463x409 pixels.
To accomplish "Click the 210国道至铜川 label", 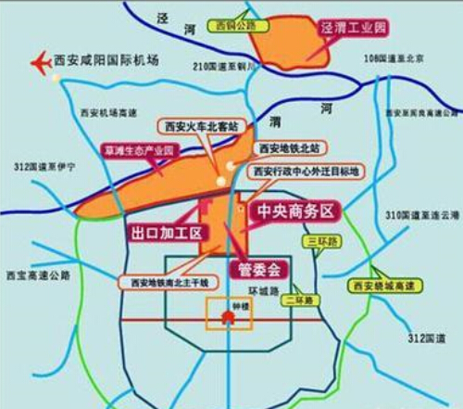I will [224, 67].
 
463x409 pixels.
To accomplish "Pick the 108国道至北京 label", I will [394, 58].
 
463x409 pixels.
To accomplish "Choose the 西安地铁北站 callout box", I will [288, 147].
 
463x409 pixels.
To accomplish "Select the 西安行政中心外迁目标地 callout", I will [304, 172].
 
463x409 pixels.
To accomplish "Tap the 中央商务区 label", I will [294, 211].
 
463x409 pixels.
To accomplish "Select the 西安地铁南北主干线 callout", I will [169, 281].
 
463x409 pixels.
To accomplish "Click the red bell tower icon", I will [227, 317].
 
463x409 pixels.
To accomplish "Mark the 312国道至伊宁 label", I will [44, 166].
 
